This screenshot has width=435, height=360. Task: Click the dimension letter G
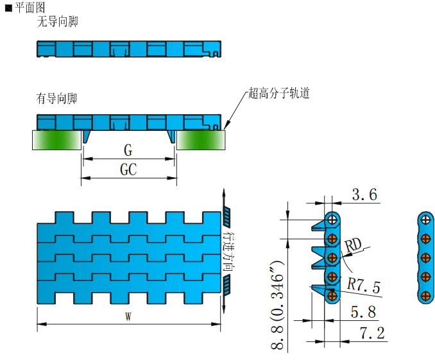click(128, 151)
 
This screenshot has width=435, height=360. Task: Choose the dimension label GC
click(128, 170)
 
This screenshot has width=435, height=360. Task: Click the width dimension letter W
click(128, 317)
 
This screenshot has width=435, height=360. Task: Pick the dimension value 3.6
click(364, 195)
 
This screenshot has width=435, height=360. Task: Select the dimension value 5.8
click(362, 312)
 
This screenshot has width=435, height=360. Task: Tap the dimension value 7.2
click(371, 333)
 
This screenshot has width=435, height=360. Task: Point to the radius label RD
click(352, 244)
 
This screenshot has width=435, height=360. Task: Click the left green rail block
click(56, 140)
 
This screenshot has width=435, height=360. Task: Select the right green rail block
click(201, 140)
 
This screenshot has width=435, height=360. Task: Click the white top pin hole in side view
click(332, 219)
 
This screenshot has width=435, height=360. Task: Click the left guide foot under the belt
click(87, 137)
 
